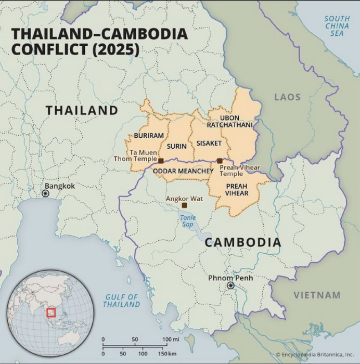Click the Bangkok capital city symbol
pos(46,193)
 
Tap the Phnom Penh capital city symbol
pos(230,285)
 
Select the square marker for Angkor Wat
pos(184,205)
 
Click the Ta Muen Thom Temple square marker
pos(161,161)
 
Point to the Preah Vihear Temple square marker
pos(220,161)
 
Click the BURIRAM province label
pos(149,135)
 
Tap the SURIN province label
pos(177,146)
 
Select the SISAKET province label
pos(209,142)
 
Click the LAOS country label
pos(288,97)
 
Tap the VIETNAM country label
pos(317,295)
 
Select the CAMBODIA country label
pos(242,242)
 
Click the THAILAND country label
pos(82,110)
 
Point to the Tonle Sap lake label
pos(187,220)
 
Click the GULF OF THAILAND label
pos(121,301)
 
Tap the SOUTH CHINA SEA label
pos(337,26)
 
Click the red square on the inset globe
pos(51,313)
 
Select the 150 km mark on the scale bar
pos(172,354)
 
